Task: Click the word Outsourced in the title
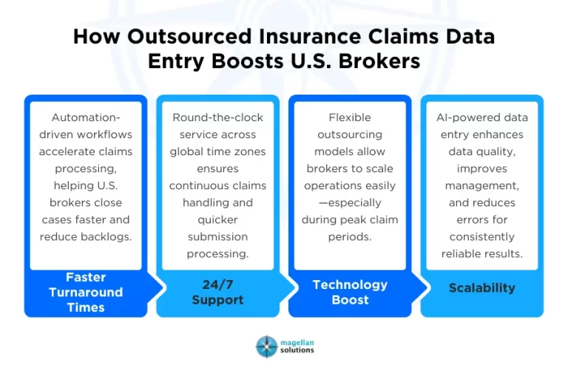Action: click(192, 38)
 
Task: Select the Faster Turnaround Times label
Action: click(86, 292)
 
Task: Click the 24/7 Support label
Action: click(217, 292)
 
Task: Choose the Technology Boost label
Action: click(350, 292)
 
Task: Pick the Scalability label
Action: click(481, 288)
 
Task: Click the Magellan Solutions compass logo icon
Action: click(266, 347)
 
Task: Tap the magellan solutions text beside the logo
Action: click(297, 347)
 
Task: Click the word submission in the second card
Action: click(217, 236)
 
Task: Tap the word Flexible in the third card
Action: click(350, 118)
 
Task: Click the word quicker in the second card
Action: click(217, 219)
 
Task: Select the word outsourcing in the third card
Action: click(350, 135)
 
